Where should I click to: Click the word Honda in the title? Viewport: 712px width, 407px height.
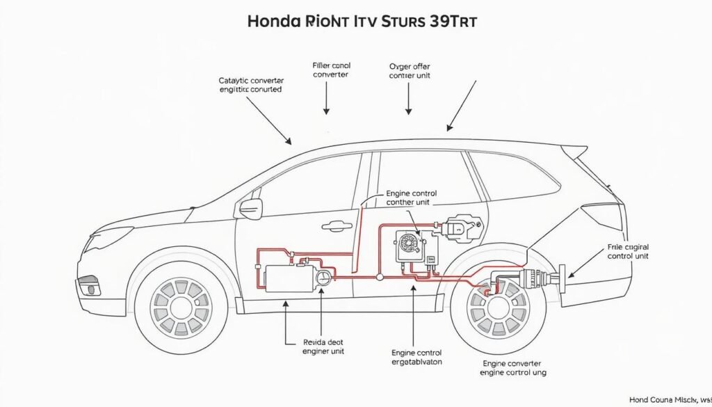click(275, 21)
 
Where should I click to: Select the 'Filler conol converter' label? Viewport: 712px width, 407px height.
click(330, 69)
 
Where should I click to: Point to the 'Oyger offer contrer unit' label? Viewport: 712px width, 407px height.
click(410, 71)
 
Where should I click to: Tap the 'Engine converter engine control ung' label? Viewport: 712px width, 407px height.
click(512, 368)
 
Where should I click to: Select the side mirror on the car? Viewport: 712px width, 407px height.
click(250, 207)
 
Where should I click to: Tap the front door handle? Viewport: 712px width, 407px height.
click(335, 225)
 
